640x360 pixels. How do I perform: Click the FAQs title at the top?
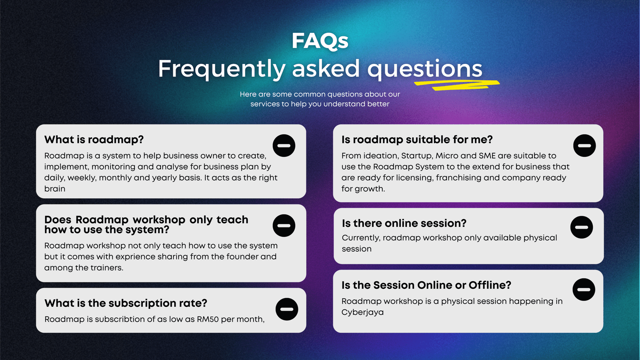(320, 41)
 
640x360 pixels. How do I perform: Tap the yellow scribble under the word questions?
(456, 85)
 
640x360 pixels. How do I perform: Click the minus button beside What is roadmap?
(284, 146)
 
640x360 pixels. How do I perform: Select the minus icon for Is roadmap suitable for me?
(584, 146)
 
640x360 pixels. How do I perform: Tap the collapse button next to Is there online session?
(582, 227)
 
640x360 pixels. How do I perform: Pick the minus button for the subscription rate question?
(286, 309)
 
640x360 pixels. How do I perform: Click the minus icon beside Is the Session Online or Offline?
(584, 290)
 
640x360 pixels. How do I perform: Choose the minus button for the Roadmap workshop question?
(284, 226)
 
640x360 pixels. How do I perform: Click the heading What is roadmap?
(94, 140)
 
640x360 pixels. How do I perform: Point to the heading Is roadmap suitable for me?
(417, 140)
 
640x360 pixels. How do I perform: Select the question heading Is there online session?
(404, 223)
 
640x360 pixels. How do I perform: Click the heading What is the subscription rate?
(126, 304)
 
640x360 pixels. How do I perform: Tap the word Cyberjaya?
(362, 312)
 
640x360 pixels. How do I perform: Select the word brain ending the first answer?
(54, 189)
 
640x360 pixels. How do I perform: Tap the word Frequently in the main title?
(222, 69)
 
